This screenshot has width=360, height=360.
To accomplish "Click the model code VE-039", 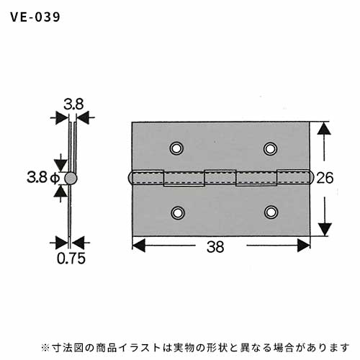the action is point(35,17).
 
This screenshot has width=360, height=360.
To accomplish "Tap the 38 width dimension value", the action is point(215,247).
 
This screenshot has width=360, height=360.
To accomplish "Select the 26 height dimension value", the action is point(325,178).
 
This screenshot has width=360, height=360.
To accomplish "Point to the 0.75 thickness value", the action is point(71,258).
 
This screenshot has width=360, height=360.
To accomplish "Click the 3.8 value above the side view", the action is point(73,104).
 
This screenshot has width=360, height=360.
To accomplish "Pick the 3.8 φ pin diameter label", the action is point(43,178).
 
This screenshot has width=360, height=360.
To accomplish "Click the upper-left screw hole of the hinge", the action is point(176,148).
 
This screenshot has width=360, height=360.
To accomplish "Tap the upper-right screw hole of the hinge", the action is point(271,148).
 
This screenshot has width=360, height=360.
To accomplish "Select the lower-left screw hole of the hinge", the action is point(178,212).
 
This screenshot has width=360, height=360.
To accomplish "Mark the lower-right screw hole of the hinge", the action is point(271,212).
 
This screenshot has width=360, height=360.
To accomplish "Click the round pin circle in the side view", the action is point(71,179).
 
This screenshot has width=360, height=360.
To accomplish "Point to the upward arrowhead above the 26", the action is point(324,128).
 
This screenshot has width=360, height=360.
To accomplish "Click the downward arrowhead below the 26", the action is point(325,230).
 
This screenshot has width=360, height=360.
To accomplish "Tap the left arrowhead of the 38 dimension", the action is point(139,246).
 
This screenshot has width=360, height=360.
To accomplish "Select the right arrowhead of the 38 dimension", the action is point(304,246).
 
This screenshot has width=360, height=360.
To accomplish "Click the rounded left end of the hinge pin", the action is point(130,178).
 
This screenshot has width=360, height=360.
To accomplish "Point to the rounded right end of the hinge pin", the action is point(311,178).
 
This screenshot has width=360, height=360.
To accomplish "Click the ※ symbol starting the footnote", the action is point(45,348).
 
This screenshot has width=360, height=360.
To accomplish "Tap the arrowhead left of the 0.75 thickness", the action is point(62,243).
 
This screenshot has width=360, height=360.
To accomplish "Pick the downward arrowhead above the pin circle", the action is point(60,166).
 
